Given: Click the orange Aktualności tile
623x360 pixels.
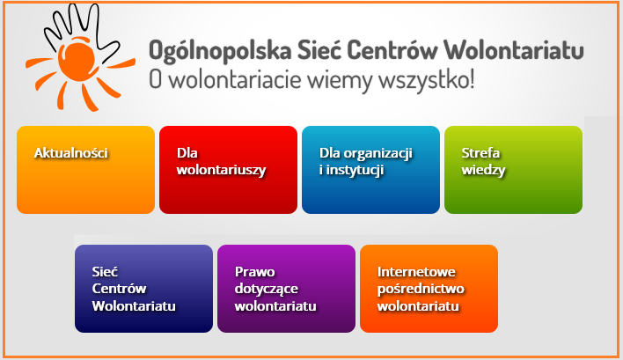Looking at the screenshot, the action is point(86,170).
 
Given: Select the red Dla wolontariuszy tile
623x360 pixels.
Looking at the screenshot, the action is point(228,170).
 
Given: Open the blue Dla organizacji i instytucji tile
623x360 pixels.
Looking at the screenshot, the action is point(370,170).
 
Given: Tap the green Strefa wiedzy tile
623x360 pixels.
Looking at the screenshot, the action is point(513,170).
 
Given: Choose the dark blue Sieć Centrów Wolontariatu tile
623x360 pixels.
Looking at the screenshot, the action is point(143,289).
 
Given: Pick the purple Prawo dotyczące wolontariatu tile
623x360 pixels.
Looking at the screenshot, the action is point(286,289).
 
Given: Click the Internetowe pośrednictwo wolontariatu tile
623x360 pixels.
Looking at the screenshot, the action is point(429,289).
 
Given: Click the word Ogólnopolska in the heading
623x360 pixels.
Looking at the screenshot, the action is point(220,51).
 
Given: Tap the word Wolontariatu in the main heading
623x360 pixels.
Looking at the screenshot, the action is point(514,49).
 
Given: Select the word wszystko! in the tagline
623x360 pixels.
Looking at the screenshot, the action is point(426,81).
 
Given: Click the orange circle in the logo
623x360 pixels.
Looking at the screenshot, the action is point(77,59).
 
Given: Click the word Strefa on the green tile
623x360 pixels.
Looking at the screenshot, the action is point(480,153).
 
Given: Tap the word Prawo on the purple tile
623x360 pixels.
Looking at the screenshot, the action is point(254,272).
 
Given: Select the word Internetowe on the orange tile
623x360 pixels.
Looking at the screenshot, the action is point(416,272).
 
